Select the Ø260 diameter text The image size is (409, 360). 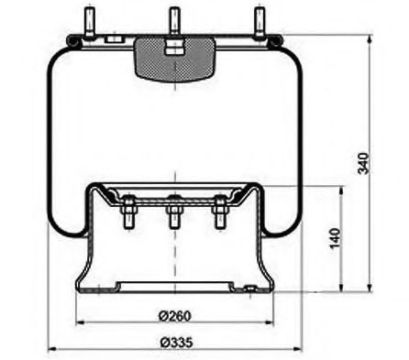tap(173, 317)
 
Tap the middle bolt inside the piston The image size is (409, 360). tap(172, 217)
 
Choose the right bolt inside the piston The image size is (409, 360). tap(220, 215)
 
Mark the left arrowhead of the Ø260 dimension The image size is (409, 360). tap(81, 323)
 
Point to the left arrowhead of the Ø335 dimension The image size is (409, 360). tap(52, 349)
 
